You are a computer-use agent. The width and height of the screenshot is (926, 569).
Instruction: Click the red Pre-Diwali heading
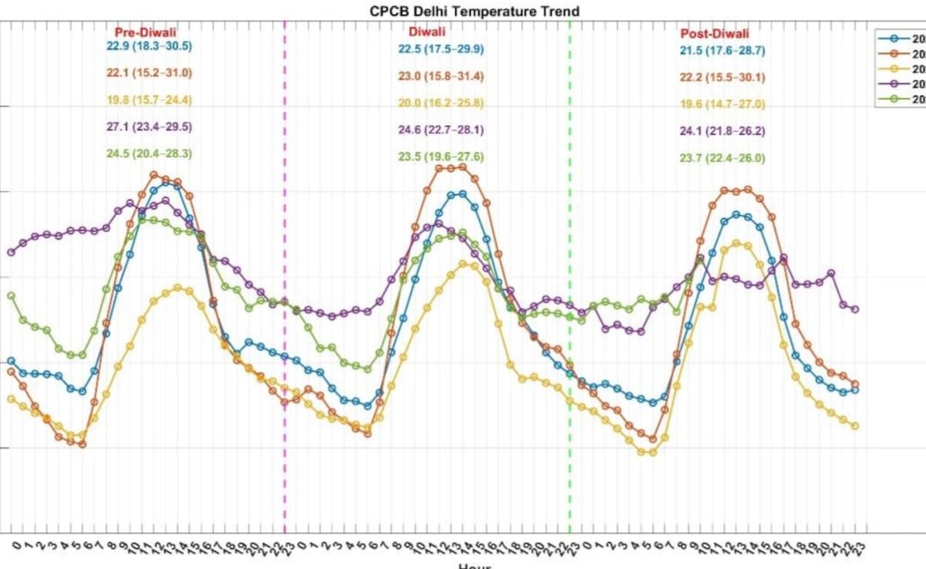(146, 32)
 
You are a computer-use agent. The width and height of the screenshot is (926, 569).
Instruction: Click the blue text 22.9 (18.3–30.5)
(150, 46)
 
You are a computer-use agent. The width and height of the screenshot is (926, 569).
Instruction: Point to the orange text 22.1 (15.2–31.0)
(150, 73)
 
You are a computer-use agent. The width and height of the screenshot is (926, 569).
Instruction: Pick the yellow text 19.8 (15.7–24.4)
(150, 100)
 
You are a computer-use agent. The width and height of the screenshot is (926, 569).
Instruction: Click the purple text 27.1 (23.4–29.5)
(150, 127)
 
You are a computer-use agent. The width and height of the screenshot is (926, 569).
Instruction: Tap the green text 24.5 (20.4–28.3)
(150, 153)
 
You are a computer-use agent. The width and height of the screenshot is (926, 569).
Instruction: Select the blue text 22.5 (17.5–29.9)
(441, 49)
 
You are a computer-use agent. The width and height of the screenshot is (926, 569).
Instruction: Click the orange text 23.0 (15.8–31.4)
(441, 77)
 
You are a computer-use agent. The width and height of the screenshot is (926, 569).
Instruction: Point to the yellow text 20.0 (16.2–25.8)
(441, 103)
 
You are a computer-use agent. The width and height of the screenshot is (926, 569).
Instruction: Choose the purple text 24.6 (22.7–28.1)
(441, 130)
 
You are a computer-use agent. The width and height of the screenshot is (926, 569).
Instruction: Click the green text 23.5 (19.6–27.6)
(441, 157)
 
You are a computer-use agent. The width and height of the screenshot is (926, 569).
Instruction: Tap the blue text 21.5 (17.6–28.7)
(722, 51)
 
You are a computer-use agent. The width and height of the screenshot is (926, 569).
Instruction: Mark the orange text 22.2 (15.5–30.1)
(722, 78)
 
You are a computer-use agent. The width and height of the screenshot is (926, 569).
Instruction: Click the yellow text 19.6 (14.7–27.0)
(722, 105)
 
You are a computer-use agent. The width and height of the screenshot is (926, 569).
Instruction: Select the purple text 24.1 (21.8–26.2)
(722, 132)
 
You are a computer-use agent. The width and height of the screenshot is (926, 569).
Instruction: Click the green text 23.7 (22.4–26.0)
(722, 159)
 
